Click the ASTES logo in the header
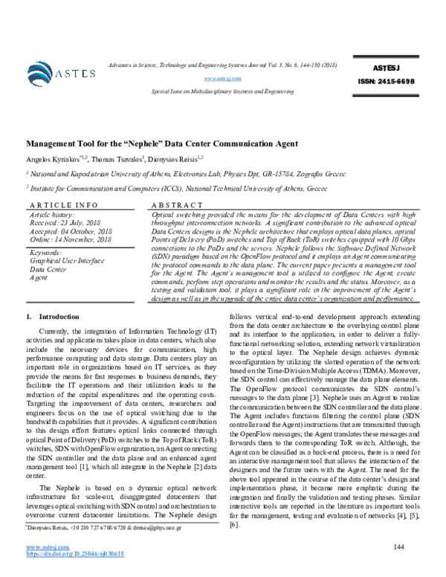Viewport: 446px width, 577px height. click(62, 72)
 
